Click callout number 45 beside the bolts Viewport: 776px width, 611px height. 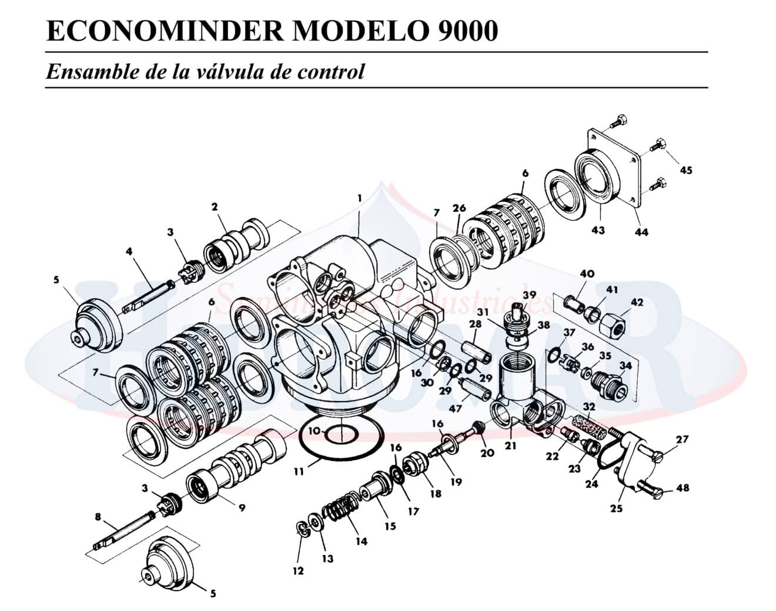pyautogui.click(x=685, y=171)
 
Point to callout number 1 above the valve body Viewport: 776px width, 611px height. pyautogui.click(x=359, y=198)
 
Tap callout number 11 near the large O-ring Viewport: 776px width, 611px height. pyautogui.click(x=300, y=471)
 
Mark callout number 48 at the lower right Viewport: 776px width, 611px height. pyautogui.click(x=683, y=488)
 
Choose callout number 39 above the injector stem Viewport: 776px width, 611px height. pyautogui.click(x=530, y=294)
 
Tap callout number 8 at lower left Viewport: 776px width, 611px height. pyautogui.click(x=98, y=517)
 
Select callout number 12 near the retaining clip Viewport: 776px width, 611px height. pyautogui.click(x=298, y=570)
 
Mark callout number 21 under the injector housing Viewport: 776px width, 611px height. pyautogui.click(x=510, y=446)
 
